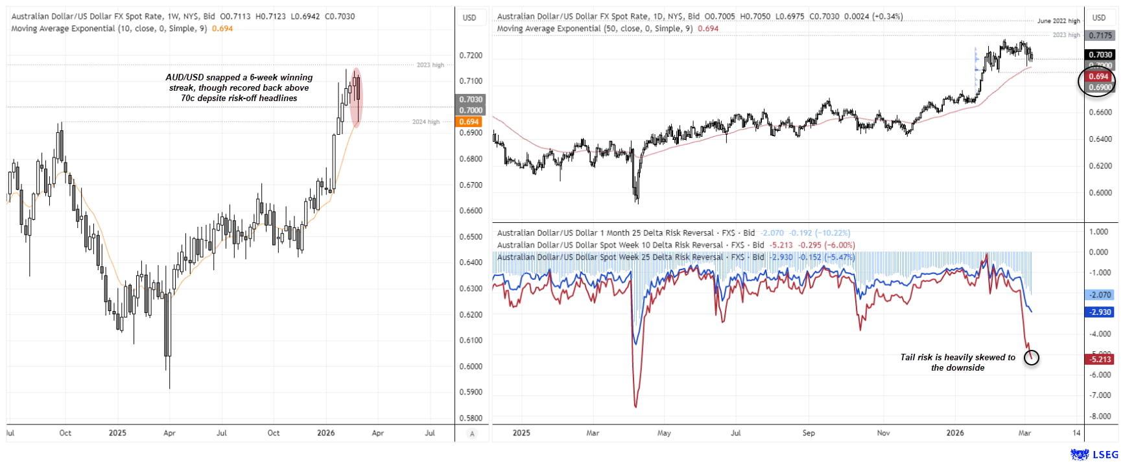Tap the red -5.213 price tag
click(x=1100, y=359)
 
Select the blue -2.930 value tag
click(x=1100, y=312)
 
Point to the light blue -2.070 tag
click(x=1100, y=295)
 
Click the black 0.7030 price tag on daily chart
click(x=1100, y=55)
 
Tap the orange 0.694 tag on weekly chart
click(x=469, y=122)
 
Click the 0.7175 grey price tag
click(x=1100, y=36)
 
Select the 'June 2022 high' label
click(x=1058, y=21)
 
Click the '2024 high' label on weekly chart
click(x=425, y=122)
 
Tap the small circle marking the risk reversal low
click(x=1031, y=357)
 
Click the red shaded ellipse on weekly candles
click(x=355, y=97)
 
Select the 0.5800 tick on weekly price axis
click(x=471, y=418)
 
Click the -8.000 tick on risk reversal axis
click(x=1099, y=416)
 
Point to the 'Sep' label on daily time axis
click(x=808, y=433)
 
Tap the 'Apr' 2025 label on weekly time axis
click(x=169, y=433)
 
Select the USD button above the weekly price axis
click(x=469, y=17)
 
